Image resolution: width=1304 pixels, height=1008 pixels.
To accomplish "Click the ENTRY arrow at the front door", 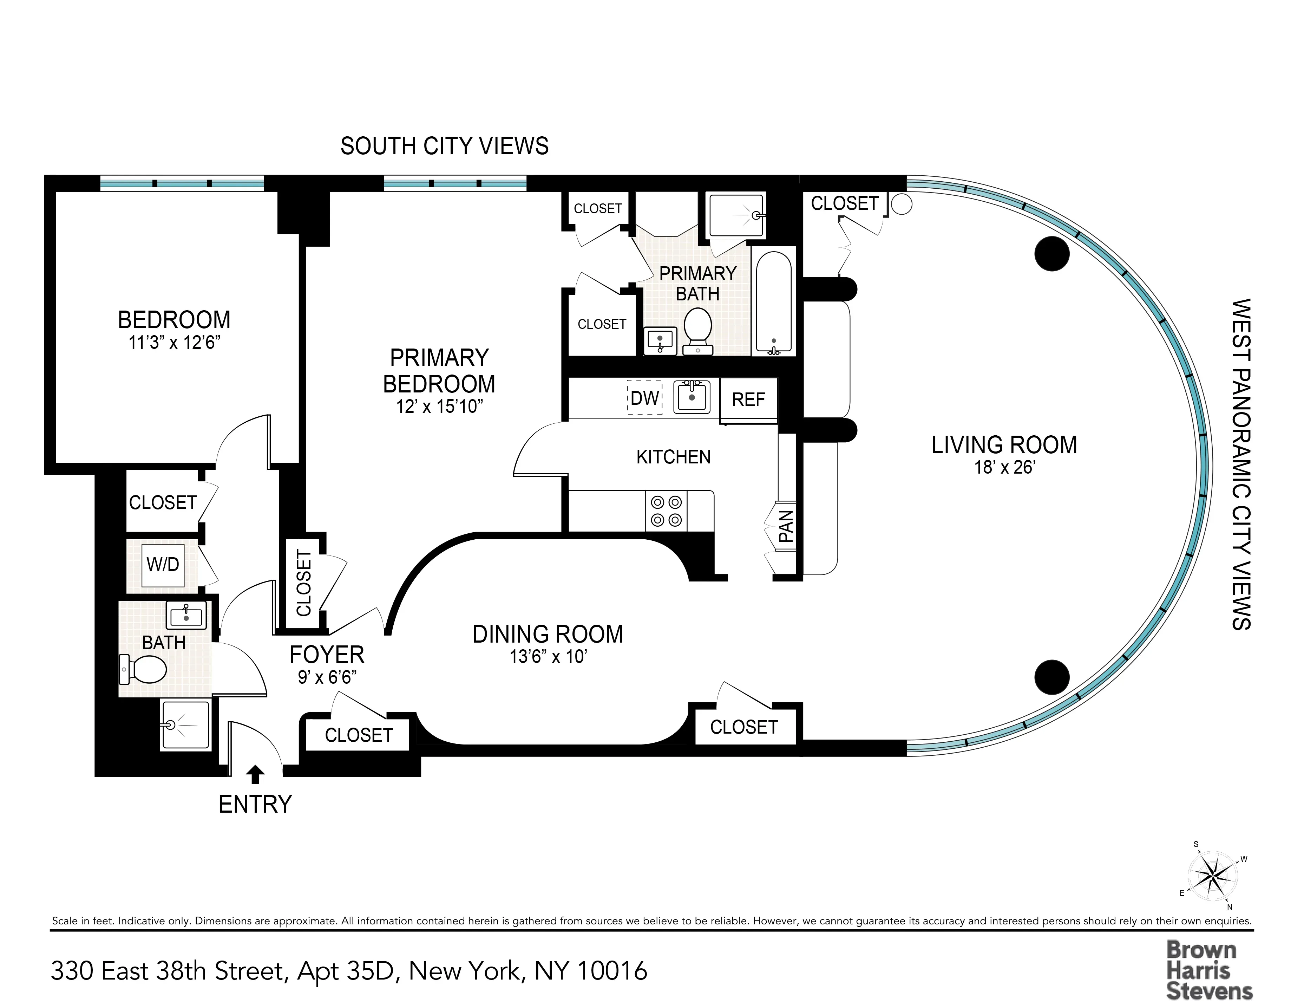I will [x=256, y=774].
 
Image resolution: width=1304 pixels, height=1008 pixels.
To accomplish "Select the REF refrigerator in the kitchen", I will [x=748, y=399].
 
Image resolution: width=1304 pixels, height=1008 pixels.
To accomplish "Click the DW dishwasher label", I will [x=644, y=398].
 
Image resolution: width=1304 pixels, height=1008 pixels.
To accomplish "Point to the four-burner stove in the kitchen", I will [x=666, y=510].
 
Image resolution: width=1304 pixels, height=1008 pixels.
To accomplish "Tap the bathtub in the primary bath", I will [x=774, y=302].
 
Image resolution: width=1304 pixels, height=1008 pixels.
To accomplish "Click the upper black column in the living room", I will [x=1051, y=253].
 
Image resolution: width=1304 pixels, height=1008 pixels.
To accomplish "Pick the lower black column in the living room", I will [x=1051, y=677].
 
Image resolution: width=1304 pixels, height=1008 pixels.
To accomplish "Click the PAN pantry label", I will [x=786, y=526].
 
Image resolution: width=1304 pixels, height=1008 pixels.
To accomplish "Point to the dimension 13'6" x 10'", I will [x=548, y=657].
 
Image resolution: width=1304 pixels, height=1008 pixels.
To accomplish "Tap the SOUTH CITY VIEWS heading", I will [x=444, y=146].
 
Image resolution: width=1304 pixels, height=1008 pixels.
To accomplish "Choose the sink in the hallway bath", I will [x=187, y=615].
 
